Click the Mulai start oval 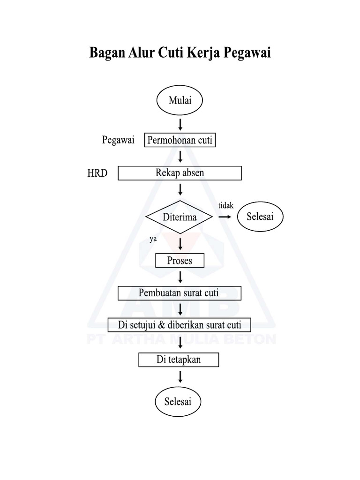[180, 100]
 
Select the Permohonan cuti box [180, 140]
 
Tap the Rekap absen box [180, 173]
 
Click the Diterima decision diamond [180, 217]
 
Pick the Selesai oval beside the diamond [260, 217]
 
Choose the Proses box [180, 260]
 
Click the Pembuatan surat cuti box [180, 293]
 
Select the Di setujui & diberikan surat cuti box [180, 325]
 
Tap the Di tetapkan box [179, 360]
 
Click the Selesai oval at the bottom [178, 401]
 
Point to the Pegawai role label [118, 140]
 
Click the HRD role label [97, 173]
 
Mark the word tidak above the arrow [225, 206]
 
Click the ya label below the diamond [153, 240]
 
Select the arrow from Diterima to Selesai [225, 217]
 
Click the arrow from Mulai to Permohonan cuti [180, 124]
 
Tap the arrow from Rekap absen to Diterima [180, 190]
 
